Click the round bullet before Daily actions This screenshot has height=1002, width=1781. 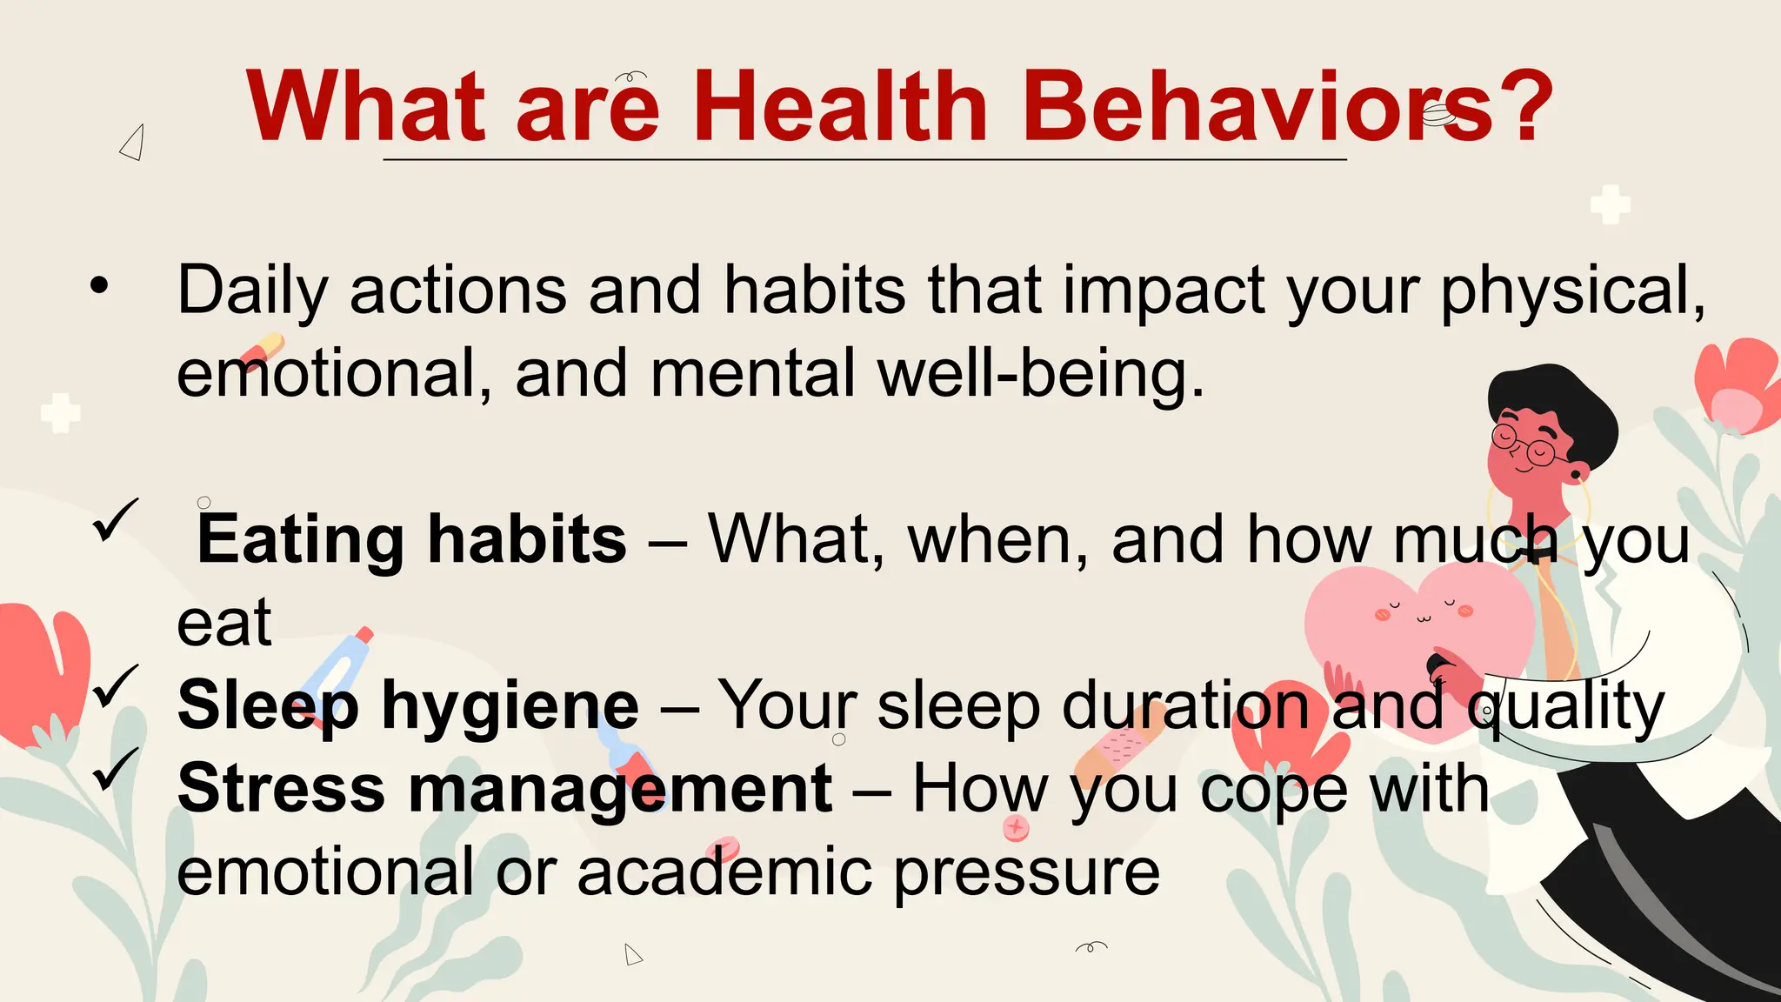[x=100, y=284]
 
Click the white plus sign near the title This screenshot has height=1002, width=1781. [x=1610, y=204]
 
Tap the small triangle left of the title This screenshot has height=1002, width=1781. [x=132, y=144]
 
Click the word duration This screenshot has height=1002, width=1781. [x=1186, y=706]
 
